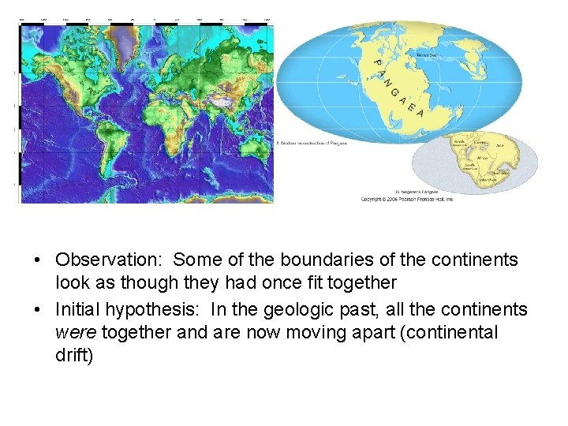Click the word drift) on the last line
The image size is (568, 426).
[74, 356]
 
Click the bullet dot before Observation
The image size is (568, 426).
[38, 260]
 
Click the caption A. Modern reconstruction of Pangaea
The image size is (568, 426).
[312, 143]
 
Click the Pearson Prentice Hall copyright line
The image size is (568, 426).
[408, 200]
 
